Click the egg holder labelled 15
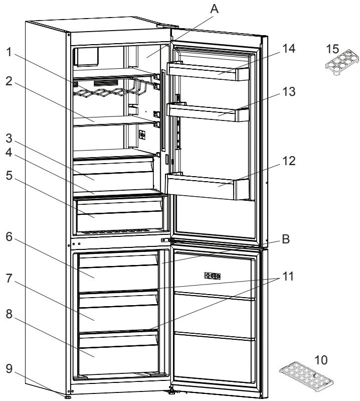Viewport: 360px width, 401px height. pyautogui.click(x=338, y=61)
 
